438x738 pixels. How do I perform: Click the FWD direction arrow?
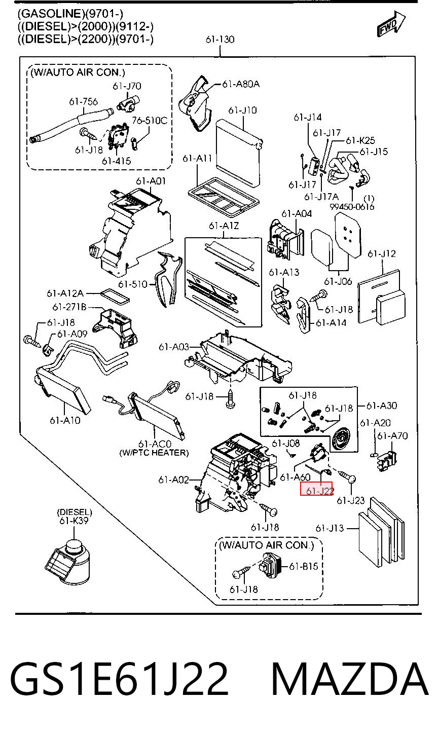click(x=391, y=24)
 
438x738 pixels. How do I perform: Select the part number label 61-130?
click(x=220, y=40)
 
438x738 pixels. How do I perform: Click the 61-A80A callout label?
click(x=241, y=84)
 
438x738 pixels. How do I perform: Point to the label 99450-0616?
click(x=352, y=207)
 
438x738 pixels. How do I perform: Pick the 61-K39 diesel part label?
click(x=74, y=521)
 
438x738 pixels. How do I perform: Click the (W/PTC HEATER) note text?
click(x=154, y=453)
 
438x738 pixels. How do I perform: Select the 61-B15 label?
click(x=304, y=566)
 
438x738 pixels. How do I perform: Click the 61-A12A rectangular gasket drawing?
click(x=115, y=296)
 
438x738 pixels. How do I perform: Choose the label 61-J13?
click(x=330, y=528)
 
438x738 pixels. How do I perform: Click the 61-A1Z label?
click(x=224, y=226)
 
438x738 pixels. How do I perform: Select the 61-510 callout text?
click(x=133, y=284)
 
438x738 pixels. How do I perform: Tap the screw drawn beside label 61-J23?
click(x=346, y=476)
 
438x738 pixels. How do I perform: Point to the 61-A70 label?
click(x=392, y=436)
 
